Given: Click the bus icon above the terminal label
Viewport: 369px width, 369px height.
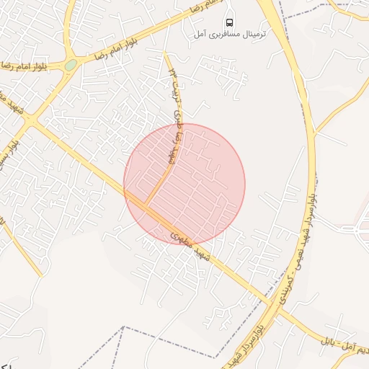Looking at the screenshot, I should coord(229,21).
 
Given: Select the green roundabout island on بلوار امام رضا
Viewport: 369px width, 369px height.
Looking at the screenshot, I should coord(70,65).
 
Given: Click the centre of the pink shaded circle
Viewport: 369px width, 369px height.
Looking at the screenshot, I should coord(184,184).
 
